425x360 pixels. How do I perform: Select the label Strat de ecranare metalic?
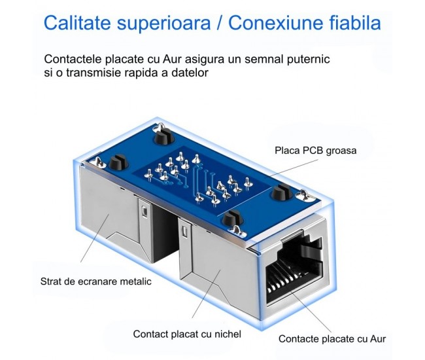coord(95,281)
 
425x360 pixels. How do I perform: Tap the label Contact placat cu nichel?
coord(187,334)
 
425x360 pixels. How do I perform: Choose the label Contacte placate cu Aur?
coord(332,338)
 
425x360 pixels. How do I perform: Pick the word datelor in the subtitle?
coord(191,73)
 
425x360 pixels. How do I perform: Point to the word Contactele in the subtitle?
coord(71,59)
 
